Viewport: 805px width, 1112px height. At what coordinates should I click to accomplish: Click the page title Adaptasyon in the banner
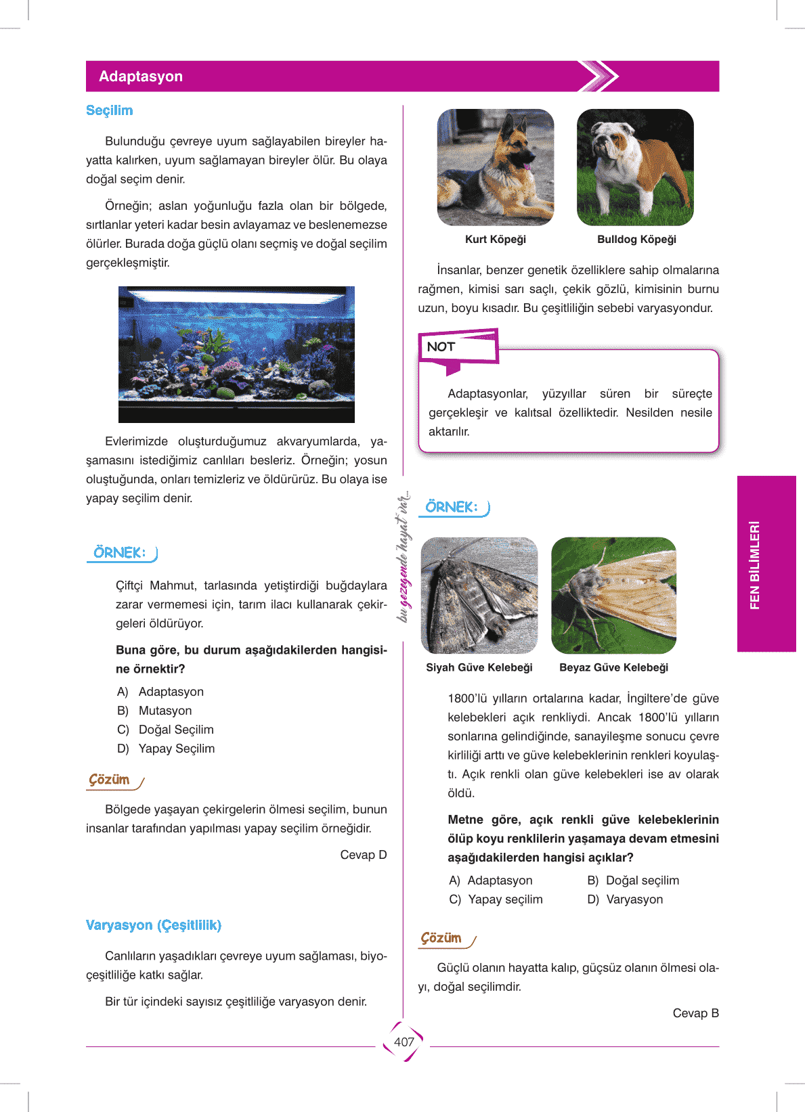coord(141,76)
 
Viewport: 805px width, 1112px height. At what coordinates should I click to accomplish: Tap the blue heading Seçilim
coord(109,110)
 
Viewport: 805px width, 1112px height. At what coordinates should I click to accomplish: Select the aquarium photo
coord(236,354)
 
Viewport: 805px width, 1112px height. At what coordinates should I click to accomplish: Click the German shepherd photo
coord(496,167)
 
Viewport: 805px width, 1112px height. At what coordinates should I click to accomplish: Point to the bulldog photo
coord(635,167)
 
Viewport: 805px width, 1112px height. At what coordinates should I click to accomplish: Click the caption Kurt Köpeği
coord(495,240)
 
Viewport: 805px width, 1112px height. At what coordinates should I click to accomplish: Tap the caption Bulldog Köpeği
coord(636,240)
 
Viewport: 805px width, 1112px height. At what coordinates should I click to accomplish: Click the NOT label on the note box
coord(441,347)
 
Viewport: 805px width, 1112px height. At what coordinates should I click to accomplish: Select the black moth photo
coord(479,596)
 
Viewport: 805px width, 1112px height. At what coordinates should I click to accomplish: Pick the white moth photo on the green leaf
coord(613,596)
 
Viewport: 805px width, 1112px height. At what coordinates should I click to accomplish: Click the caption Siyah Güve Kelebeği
coord(479,667)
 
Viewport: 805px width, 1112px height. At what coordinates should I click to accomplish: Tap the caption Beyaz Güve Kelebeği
coord(613,667)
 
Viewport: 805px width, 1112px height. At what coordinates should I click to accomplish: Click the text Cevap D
coord(364,855)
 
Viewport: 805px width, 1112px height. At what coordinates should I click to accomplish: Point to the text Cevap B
coord(695,1013)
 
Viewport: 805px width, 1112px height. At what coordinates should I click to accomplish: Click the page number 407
coord(404,1042)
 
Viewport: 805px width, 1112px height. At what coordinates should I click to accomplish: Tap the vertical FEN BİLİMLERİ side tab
coord(755,564)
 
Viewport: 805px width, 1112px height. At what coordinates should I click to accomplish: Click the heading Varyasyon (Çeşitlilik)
coord(154,925)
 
